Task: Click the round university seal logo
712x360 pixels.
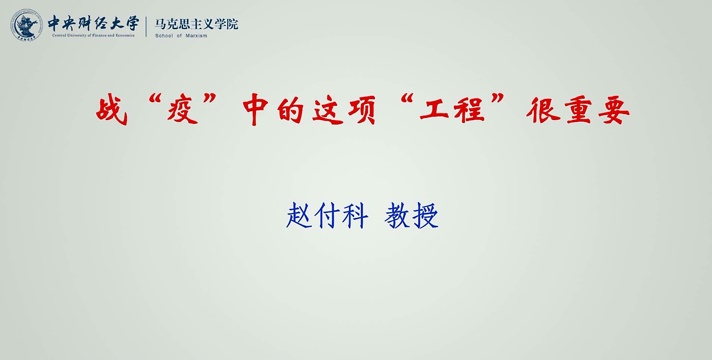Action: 26,25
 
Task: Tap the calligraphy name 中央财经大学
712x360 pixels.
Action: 93,24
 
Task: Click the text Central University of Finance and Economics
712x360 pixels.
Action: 93,36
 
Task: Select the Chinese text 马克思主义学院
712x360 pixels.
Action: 197,24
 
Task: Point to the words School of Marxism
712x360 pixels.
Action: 181,36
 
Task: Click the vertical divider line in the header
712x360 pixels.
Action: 146,26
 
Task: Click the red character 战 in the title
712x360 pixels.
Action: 112,111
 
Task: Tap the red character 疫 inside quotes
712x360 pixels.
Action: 182,111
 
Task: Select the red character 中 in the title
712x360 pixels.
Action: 255,111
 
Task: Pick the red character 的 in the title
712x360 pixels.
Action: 291,111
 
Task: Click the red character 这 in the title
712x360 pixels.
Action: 328,111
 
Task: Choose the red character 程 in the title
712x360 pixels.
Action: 469,111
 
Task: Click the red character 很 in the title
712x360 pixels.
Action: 542,111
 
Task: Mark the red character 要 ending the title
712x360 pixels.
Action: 614,111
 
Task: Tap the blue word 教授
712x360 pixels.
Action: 411,216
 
